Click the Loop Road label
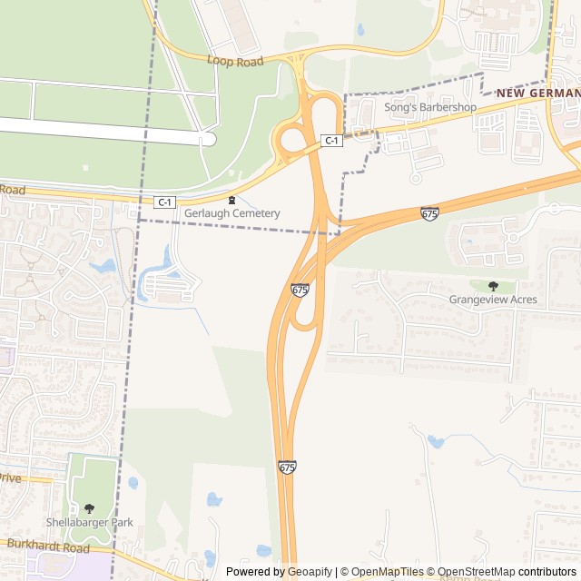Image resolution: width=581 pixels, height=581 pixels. click(234, 61)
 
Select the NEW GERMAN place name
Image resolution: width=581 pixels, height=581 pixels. click(537, 94)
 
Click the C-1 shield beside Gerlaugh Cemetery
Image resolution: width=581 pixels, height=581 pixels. click(164, 202)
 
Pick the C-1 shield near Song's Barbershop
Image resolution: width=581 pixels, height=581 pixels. click(332, 140)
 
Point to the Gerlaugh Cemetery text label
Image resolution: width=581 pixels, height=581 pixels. click(231, 213)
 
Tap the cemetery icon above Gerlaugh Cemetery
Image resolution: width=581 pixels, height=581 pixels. click(231, 200)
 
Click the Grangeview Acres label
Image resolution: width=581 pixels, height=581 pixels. click(493, 300)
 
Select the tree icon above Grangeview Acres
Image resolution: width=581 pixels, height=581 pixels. click(493, 285)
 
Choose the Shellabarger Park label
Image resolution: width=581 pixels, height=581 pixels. click(90, 522)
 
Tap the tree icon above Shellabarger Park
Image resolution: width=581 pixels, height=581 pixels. click(89, 508)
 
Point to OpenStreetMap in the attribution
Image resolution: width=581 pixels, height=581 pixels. click(477, 572)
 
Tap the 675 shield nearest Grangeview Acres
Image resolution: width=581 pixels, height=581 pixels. click(430, 213)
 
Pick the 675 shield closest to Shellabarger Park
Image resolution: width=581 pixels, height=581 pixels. click(287, 467)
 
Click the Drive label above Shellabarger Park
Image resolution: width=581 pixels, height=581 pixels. click(9, 478)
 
